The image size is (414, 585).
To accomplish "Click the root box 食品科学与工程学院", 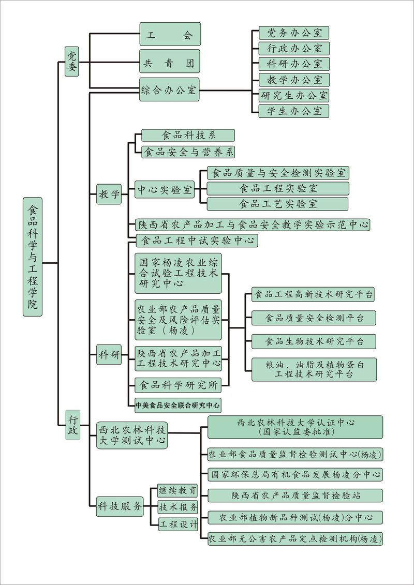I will click(33, 257).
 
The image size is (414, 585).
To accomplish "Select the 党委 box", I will click(72, 61).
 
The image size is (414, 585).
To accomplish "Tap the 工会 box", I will click(170, 34).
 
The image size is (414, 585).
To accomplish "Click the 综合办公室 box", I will click(169, 90).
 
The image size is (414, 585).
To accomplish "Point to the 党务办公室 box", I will click(294, 33).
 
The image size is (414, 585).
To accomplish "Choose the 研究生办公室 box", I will click(294, 95).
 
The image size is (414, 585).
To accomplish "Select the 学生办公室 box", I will click(294, 111).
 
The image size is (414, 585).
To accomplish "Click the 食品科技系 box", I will click(188, 136).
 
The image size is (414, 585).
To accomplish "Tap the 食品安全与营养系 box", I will click(188, 152).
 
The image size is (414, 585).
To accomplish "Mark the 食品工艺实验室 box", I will click(278, 204).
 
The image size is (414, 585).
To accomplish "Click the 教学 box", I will click(109, 194).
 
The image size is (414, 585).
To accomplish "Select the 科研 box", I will click(109, 355).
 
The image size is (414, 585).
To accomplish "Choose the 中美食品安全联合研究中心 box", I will click(178, 405).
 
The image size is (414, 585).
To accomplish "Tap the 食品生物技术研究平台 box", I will click(314, 341).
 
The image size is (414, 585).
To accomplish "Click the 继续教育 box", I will click(178, 490).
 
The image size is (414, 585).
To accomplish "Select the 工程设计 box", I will click(178, 524).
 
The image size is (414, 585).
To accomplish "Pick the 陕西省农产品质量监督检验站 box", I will click(295, 495).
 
